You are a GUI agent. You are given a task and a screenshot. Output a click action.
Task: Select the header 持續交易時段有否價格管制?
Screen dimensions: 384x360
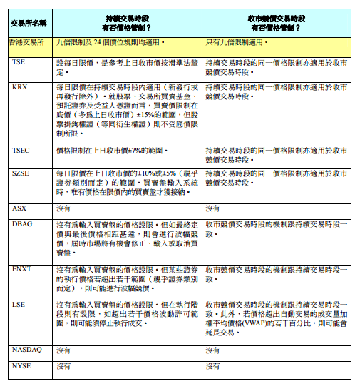pos(127,24)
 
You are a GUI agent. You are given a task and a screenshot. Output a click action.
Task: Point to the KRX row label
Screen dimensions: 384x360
pos(21,86)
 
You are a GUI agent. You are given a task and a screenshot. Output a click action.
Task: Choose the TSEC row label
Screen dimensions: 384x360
pos(22,151)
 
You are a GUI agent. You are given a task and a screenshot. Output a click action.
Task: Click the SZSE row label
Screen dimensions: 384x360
pos(22,173)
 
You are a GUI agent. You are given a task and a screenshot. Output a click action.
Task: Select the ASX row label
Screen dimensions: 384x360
pos(20,208)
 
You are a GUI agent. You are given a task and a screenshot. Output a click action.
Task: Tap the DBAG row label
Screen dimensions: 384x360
pos(23,224)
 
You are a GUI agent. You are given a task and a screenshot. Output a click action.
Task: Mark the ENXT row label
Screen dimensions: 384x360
pos(23,269)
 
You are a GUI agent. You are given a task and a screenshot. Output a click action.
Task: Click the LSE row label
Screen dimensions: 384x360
pos(19,304)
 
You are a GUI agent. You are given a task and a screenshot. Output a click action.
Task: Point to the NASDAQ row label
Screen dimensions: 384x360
pos(28,350)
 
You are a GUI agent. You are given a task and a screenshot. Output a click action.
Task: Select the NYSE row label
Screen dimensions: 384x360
pos(23,365)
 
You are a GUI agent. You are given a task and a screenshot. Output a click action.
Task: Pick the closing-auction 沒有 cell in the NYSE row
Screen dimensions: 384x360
pos(212,365)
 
